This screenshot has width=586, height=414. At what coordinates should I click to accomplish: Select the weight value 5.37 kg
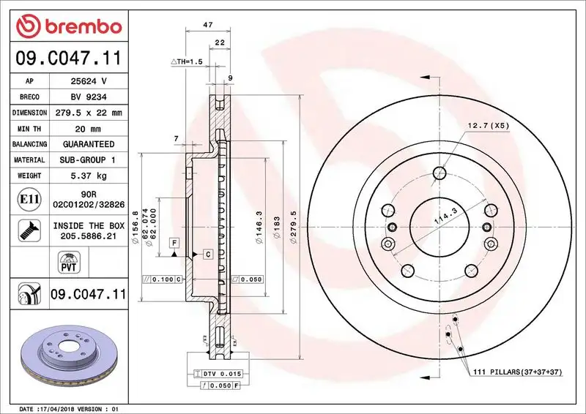click(88, 176)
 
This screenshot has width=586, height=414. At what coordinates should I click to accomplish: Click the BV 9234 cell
click(88, 97)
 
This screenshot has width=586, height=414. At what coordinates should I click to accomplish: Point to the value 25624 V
click(88, 81)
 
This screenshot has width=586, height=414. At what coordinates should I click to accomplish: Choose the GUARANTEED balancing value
click(88, 144)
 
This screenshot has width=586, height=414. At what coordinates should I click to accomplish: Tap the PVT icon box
click(67, 263)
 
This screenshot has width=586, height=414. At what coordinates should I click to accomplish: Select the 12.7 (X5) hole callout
click(489, 126)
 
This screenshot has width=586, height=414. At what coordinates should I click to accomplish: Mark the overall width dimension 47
click(208, 25)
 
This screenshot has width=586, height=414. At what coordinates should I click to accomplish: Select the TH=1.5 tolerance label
click(186, 62)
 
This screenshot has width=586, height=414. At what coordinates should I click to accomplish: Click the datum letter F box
click(175, 242)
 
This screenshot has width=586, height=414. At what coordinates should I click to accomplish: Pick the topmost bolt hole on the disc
click(439, 173)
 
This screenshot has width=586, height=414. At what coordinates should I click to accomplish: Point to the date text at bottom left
click(67, 408)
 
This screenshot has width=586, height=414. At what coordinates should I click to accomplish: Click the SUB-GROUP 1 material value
click(88, 159)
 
